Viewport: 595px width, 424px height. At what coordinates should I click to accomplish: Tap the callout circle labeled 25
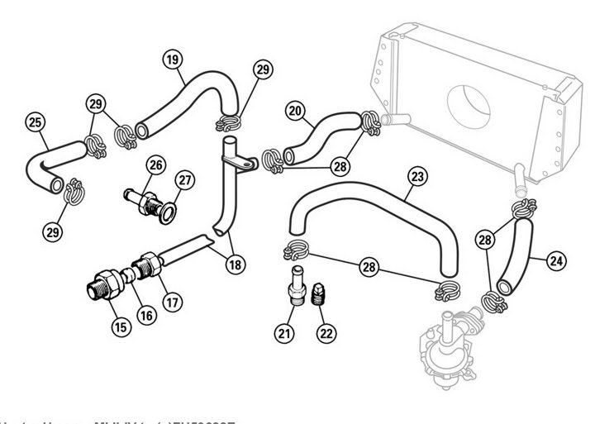34,122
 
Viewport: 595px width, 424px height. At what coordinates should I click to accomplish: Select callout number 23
417,176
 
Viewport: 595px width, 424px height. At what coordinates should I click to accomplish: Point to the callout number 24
557,260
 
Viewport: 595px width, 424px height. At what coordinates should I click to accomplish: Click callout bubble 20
296,109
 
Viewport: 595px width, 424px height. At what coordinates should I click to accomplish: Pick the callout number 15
121,326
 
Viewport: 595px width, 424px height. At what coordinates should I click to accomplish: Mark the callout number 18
236,264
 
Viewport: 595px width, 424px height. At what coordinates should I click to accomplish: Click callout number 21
284,333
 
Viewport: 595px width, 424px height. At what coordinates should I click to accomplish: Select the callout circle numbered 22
326,333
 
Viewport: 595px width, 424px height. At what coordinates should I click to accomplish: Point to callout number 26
155,164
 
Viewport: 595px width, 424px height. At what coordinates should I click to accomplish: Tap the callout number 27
183,180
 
